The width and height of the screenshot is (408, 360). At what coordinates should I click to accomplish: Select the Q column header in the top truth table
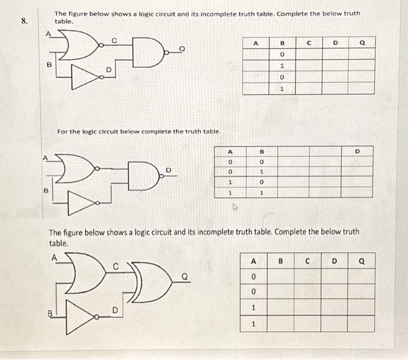[x=363, y=43]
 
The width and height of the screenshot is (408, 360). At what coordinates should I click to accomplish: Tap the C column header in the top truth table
[x=309, y=43]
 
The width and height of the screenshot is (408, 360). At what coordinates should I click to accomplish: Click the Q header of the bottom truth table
[x=363, y=262]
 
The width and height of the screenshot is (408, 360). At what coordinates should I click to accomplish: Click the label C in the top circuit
[x=114, y=40]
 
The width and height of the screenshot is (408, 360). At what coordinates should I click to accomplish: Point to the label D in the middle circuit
[x=170, y=170]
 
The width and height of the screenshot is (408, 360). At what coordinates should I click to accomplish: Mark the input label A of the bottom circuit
[x=54, y=257]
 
